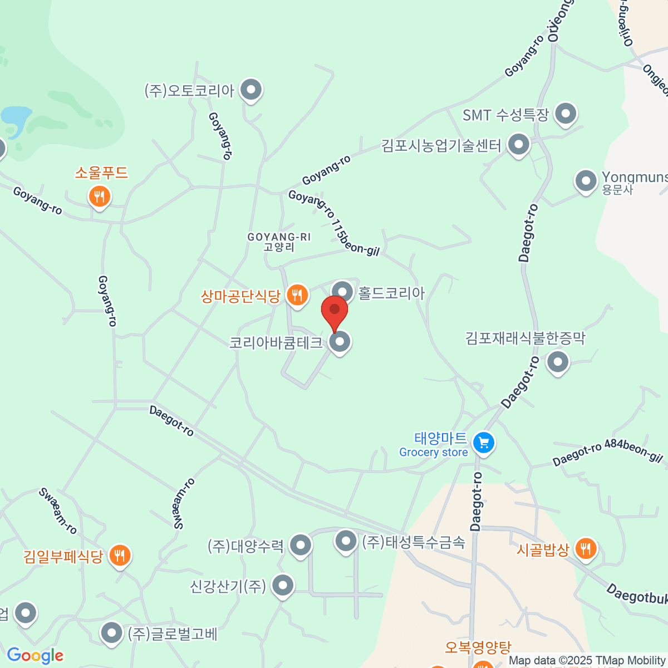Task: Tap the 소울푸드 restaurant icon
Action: [100, 196]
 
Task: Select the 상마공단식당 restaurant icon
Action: [297, 294]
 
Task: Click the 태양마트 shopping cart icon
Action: [483, 443]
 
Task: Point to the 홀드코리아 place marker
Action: [342, 291]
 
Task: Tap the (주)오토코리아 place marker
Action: [251, 89]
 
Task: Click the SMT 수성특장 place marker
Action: [566, 114]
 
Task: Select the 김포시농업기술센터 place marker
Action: [519, 145]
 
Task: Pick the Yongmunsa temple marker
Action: [586, 181]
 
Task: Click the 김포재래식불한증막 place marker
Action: [557, 362]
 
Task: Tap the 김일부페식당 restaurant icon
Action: [120, 555]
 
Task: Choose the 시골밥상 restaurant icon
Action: [585, 549]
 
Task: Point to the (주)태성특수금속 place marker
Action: [346, 541]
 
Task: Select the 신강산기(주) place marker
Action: [283, 585]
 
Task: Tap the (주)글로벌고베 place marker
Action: [112, 633]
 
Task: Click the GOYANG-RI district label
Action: [279, 242]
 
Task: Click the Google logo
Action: [35, 656]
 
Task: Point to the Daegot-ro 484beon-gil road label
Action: [607, 451]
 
